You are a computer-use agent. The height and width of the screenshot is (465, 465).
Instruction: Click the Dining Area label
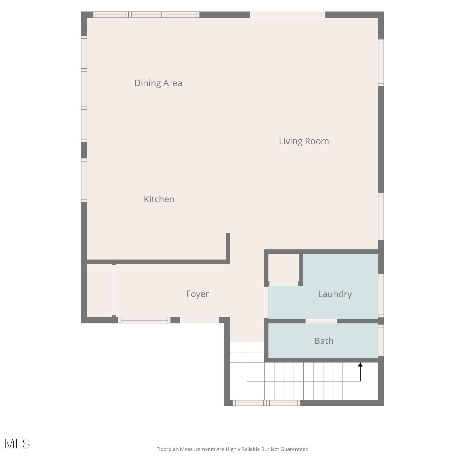click(158, 83)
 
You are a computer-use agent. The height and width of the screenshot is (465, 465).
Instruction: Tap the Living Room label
click(304, 141)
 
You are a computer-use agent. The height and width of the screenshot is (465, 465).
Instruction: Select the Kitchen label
click(159, 199)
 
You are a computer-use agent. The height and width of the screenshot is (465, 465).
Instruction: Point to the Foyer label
click(197, 294)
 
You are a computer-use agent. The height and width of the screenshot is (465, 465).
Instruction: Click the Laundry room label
click(335, 294)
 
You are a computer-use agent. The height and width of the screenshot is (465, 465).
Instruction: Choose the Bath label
click(324, 341)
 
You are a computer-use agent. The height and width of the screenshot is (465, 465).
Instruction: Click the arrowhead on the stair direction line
click(360, 365)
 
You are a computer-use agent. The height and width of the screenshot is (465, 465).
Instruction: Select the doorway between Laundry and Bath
click(321, 321)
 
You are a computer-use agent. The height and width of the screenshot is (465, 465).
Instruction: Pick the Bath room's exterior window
click(381, 340)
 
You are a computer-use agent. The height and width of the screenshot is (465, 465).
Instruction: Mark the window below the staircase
click(267, 403)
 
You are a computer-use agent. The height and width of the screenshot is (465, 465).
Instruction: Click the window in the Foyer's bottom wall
click(144, 320)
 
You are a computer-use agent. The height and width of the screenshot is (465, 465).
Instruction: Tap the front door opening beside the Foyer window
click(199, 320)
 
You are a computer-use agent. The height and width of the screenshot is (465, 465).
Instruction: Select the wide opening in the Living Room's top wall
click(288, 15)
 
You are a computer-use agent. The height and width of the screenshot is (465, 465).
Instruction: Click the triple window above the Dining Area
click(146, 15)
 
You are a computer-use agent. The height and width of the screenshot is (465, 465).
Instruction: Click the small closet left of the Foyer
click(99, 290)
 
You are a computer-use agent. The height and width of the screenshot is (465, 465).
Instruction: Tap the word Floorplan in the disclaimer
click(168, 449)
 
